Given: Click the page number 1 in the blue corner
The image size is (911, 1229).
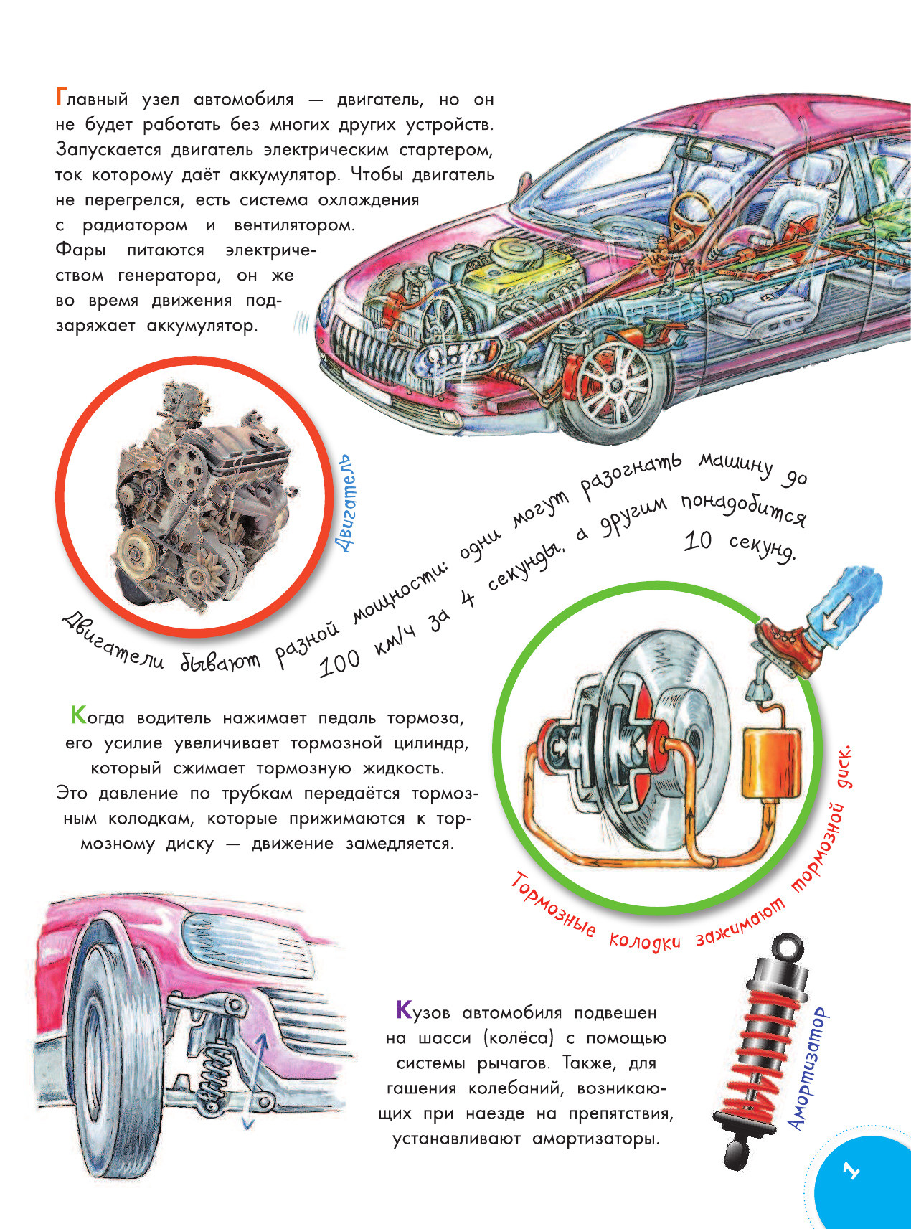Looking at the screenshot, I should coord(851,1171).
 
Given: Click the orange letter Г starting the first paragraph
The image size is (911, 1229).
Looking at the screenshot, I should coord(61,97).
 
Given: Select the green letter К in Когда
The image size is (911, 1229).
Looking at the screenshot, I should coord(77,715).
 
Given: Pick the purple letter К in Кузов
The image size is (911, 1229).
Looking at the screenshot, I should coord(404,1011).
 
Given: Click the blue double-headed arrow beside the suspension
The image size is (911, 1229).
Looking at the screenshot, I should coord(256,1076).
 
